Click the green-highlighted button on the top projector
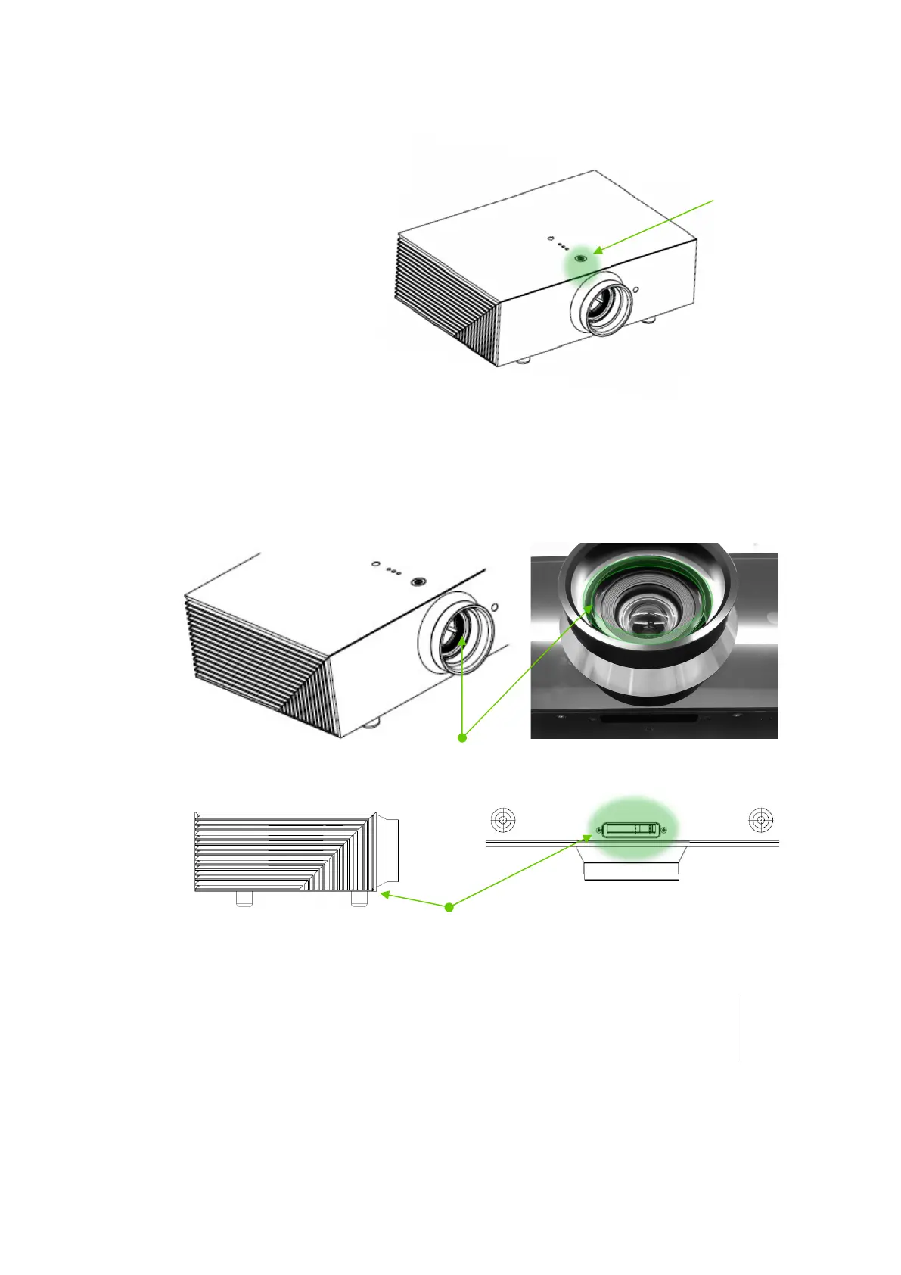581,258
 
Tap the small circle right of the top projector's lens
635,288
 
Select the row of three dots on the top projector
564,246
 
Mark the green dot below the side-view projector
449,906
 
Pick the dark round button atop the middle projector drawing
418,581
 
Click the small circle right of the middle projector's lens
495,607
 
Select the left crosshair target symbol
503,820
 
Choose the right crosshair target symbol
760,820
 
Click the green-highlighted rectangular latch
631,830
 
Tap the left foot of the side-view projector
244,899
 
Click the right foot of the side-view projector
359,899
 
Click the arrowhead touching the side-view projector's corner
384,895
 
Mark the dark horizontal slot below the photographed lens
648,718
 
